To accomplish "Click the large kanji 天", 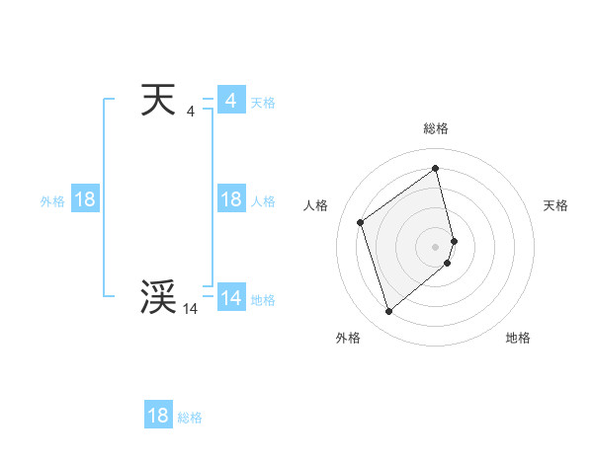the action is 158,100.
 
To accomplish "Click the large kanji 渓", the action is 158,297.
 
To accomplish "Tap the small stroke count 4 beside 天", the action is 190,112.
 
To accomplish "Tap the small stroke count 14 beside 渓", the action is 190,309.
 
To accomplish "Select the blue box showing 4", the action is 230,101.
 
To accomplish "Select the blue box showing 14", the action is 230,298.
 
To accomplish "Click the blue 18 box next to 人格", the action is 230,199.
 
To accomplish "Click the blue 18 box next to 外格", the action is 85,199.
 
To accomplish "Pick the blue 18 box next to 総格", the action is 158,416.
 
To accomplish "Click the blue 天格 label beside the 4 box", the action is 263,103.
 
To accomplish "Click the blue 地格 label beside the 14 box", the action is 263,300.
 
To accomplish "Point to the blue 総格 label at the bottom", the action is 190,418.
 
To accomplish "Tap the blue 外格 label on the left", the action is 52,201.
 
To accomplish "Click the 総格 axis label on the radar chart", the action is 436,128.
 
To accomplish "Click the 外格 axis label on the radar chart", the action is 348,338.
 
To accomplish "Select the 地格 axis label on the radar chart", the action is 518,338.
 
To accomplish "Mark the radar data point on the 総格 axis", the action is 436,168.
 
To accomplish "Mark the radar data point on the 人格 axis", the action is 361,222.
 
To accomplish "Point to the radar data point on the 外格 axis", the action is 389,312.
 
